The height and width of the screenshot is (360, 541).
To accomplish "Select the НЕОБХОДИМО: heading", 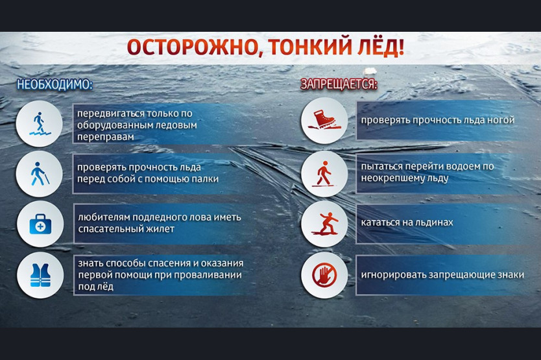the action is tap(55, 84).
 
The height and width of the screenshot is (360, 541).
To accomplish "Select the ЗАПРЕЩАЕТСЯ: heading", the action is tap(339, 84).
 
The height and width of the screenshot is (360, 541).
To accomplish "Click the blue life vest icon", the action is tap(40, 275).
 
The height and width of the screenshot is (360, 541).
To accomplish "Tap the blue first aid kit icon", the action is tap(40, 224).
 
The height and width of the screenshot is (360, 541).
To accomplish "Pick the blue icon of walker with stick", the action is tap(40, 174).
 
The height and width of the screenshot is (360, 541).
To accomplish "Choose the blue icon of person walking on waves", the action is tap(40, 123).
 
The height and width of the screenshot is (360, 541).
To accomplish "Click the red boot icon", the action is tap(324, 119).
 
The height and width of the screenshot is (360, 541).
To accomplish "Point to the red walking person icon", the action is tap(324, 174).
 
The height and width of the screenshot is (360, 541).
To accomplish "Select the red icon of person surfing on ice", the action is tap(325, 224).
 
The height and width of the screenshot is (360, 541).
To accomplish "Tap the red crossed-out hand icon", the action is tap(324, 275).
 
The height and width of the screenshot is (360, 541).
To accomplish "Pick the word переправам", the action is tap(106, 137).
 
